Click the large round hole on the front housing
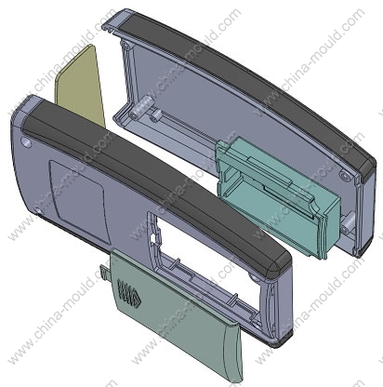[x=26, y=142]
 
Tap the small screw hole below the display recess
[x=39, y=212]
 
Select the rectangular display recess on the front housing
[x=79, y=202]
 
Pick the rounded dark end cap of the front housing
[x=276, y=267]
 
